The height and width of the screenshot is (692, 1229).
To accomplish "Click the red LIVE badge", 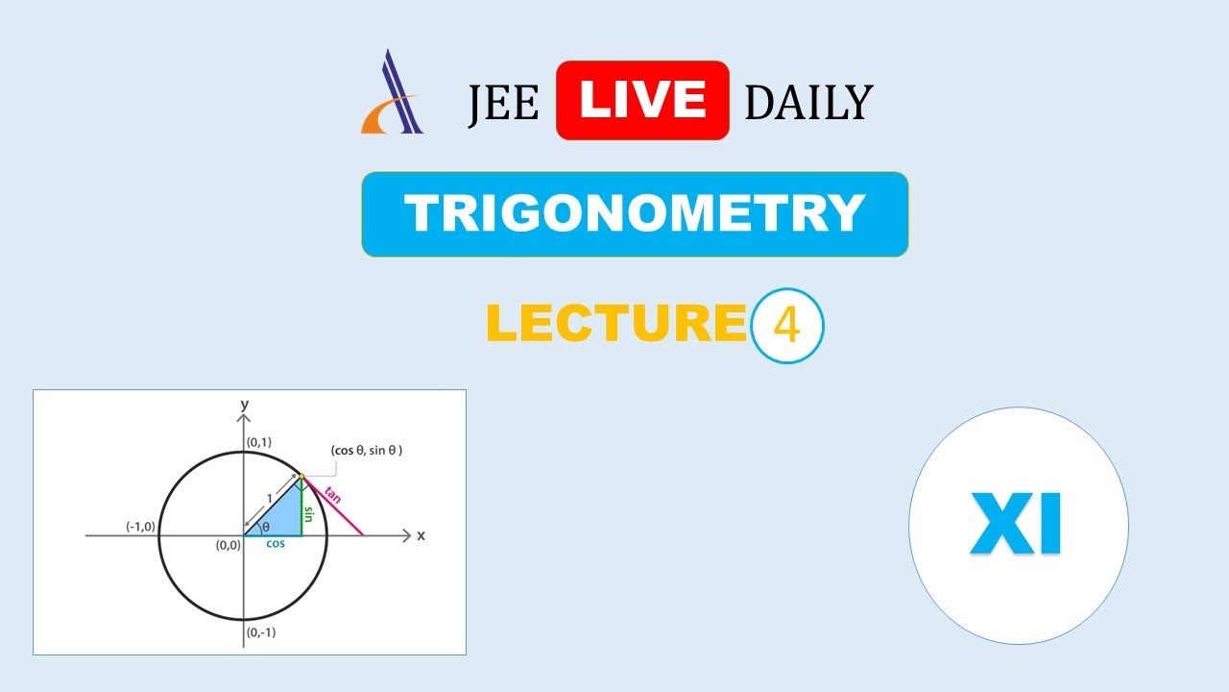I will coord(642,100).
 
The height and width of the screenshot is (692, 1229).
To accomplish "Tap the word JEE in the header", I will coord(503,104).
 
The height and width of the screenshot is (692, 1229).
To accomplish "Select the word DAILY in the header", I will coord(808,104).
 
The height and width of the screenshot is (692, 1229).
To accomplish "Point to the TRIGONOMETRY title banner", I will coord(635,214).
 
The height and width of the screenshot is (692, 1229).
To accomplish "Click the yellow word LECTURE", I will coord(616,324).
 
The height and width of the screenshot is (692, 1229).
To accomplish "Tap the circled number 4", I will coord(786,326).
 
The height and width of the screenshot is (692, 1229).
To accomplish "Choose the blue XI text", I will coord(1016,525).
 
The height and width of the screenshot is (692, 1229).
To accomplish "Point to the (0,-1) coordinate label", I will coord(262,632).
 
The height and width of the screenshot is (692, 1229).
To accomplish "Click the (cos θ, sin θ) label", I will coord(366,450).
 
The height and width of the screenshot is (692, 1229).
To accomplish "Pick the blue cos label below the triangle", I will coord(276,544).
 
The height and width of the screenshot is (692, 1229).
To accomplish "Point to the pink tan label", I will coord(333,496).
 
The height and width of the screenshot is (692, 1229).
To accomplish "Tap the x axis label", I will coord(421,535).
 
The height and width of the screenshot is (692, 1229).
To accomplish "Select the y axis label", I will coord(245,404).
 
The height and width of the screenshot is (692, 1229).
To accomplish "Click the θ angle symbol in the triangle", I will coord(266,527).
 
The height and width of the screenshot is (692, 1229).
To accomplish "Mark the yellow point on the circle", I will coord(301,476).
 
